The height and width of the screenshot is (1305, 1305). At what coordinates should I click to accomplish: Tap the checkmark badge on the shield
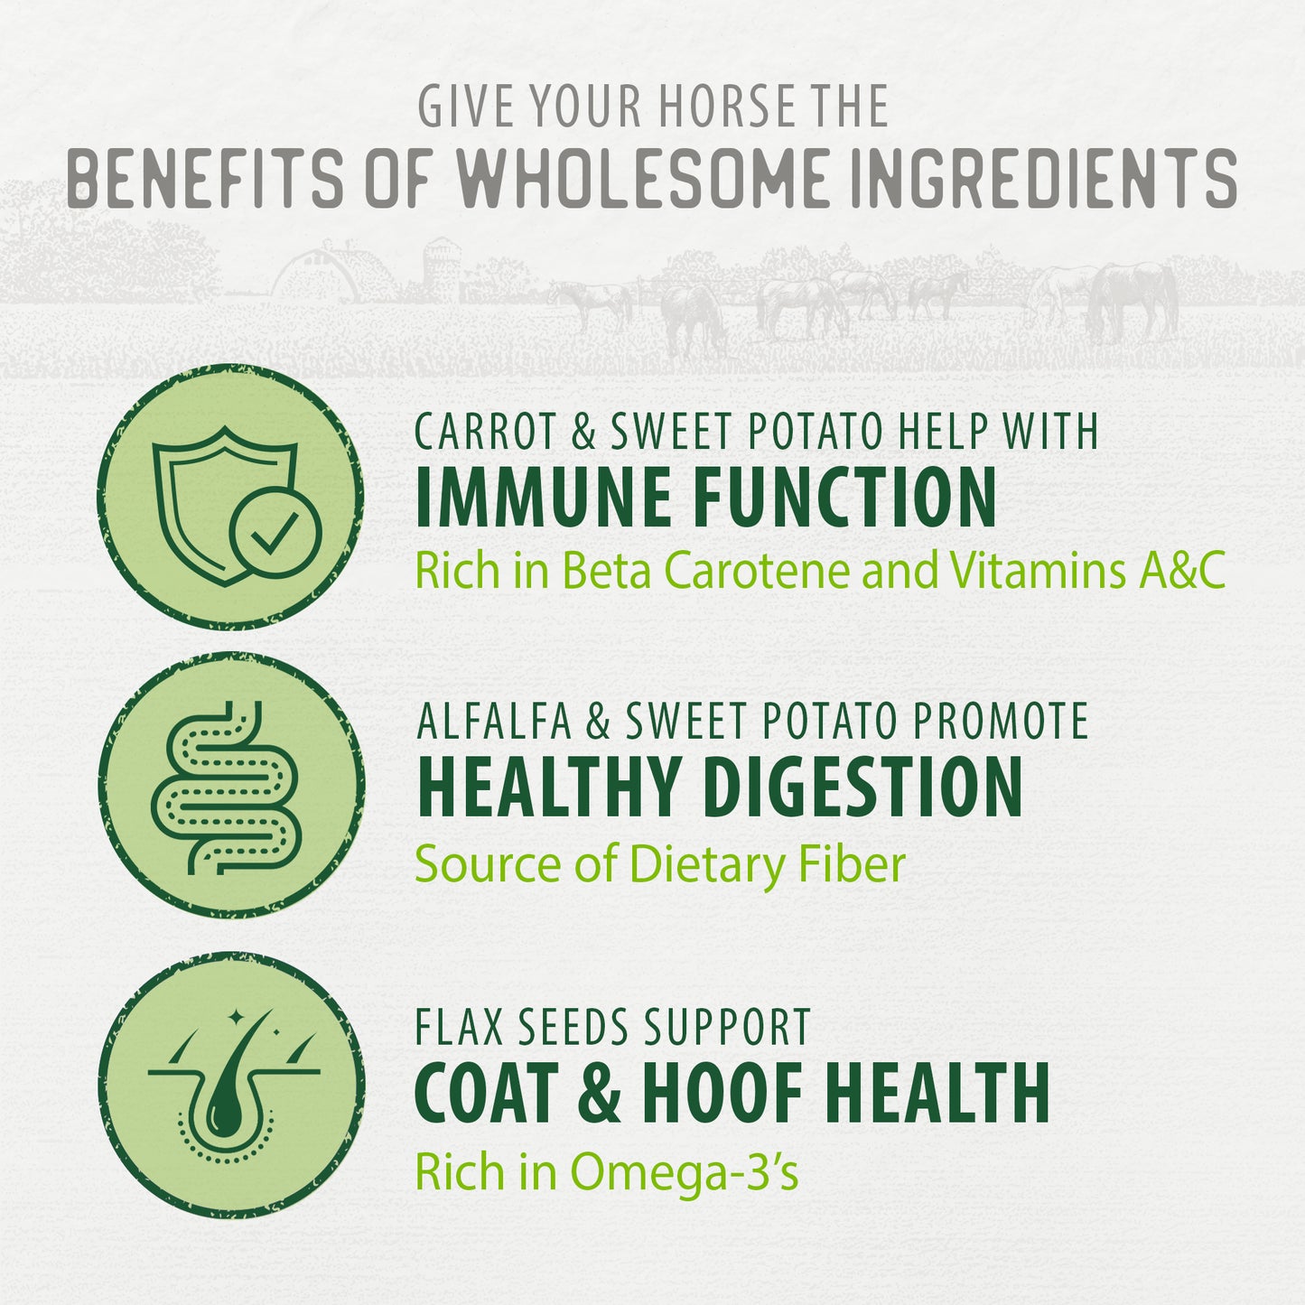pyautogui.click(x=275, y=532)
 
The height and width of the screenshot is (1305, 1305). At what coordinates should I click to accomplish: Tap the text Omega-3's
pyautogui.click(x=684, y=1173)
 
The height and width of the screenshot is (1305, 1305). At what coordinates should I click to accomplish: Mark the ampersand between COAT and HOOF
pyautogui.click(x=599, y=1093)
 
